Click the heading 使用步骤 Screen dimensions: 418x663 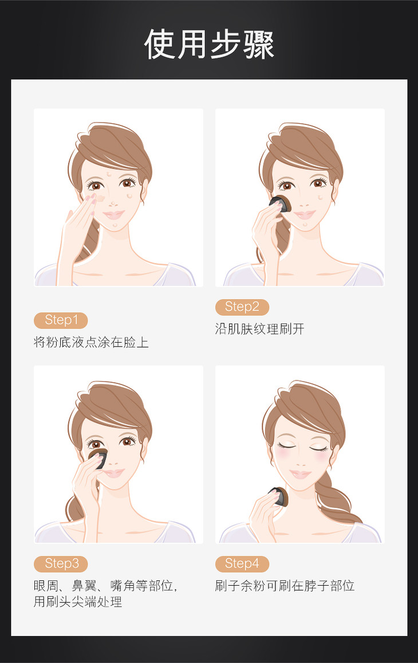209,44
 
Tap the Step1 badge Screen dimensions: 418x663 61,320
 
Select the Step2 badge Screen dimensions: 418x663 242,307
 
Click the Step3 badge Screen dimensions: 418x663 61,564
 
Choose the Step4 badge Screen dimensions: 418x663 242,564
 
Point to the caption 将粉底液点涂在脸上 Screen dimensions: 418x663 91,342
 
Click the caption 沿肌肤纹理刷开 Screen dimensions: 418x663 259,329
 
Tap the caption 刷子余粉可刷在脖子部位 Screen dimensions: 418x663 285,586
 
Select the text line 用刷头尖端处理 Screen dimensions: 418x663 78,602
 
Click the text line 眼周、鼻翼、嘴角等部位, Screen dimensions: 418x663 105,586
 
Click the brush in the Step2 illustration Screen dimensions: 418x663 280,203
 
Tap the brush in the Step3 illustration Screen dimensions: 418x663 98,458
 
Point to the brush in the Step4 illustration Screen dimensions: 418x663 279,496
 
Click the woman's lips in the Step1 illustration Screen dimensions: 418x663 113,215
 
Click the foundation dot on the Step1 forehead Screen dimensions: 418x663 109,172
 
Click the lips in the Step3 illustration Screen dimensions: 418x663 113,473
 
